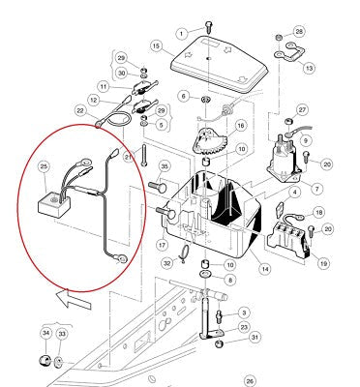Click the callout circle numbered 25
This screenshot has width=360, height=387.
coord(44,166)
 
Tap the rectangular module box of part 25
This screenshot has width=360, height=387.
coord(54,206)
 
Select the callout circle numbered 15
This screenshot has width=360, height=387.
coord(157,46)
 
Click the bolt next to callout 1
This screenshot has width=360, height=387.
coord(208,26)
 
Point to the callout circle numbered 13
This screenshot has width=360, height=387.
coord(310,68)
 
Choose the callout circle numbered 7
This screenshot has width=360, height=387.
coord(316,189)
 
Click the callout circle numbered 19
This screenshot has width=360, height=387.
coord(323,263)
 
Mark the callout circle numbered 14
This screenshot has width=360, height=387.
coord(265,268)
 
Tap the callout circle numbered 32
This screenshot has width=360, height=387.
coord(167,263)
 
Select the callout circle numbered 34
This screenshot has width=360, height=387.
coord(46,333)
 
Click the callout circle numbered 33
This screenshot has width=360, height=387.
coord(62,334)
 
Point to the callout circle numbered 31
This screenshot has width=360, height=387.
coord(255,338)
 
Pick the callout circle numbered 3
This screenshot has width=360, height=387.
coord(244,313)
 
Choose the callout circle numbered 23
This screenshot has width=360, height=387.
coord(244,327)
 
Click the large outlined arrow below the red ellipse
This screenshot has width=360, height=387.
coord(73,298)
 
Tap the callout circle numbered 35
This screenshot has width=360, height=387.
coord(165,166)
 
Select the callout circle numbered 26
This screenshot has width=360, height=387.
coord(250,382)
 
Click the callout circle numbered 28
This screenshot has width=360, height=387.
coord(299,31)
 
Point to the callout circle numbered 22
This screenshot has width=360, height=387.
coord(80,111)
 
